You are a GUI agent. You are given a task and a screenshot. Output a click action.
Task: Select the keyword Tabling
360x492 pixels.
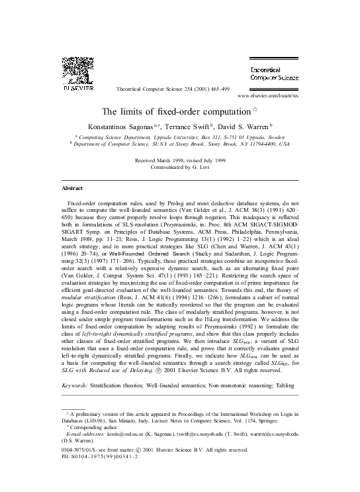point(286,384)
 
